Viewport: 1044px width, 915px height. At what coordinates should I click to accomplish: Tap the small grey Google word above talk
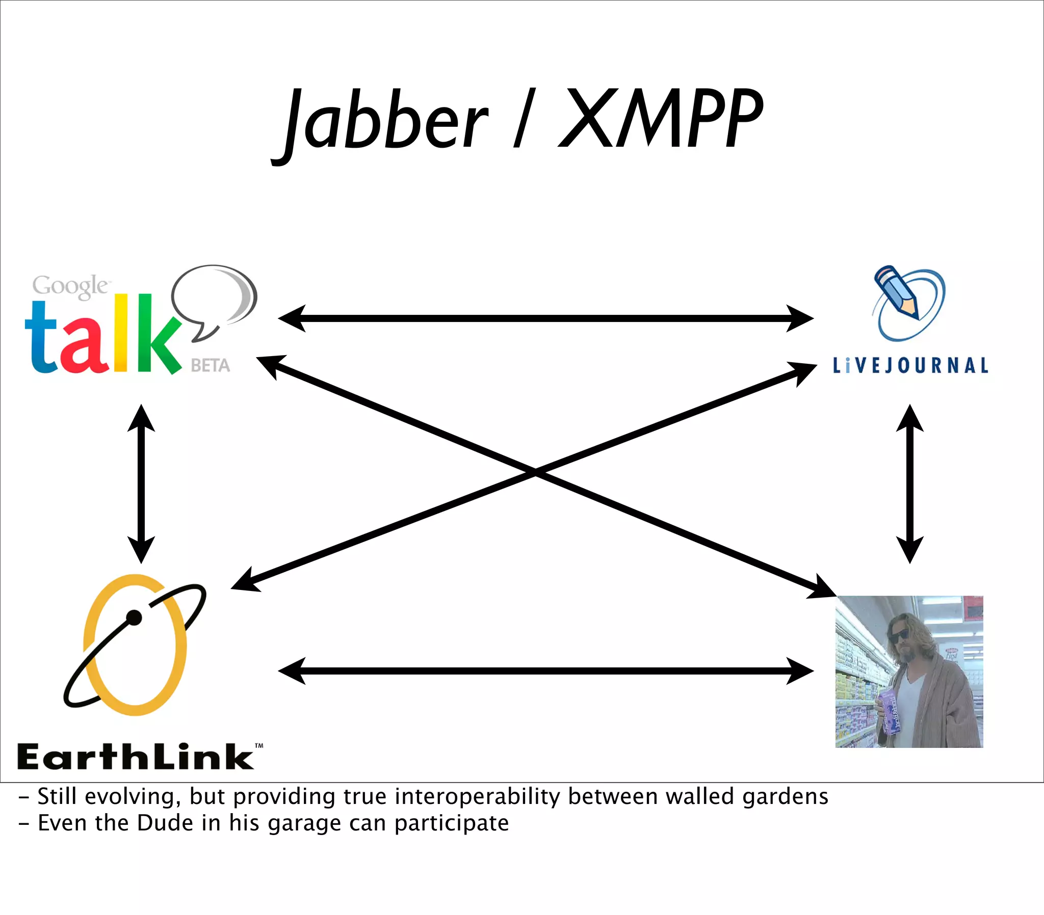click(70, 286)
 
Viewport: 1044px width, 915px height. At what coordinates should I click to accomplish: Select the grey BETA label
click(210, 366)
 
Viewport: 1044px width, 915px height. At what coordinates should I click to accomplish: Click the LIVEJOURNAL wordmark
click(910, 365)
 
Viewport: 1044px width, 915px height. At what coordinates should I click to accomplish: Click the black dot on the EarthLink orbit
click(134, 617)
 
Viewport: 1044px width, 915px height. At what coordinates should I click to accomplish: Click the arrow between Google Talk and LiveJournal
click(545, 318)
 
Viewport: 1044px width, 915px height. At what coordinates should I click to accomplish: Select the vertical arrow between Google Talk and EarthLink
click(141, 483)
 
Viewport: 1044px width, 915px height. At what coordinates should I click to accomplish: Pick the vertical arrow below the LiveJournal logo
click(909, 483)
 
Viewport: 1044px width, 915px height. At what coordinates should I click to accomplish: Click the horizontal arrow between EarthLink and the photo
click(545, 670)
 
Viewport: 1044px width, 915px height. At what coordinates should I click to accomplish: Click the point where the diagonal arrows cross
click(535, 472)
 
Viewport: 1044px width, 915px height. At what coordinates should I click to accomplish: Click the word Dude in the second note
click(158, 823)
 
